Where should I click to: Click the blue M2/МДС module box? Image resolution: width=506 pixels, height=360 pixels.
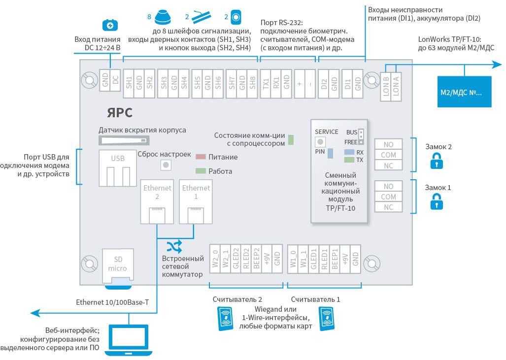[465, 92]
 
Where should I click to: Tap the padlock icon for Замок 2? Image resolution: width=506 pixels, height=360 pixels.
[437, 161]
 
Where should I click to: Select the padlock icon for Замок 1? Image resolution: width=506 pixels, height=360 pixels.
[437, 201]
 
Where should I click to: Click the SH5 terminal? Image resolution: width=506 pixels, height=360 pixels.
[197, 83]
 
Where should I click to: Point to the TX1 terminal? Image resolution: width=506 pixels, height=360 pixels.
[266, 83]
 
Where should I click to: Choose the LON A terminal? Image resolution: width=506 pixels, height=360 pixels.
[396, 87]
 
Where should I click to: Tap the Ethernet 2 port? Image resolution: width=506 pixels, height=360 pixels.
[157, 201]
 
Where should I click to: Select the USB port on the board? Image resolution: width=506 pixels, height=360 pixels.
[117, 168]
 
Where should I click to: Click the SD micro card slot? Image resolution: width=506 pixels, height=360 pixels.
[118, 266]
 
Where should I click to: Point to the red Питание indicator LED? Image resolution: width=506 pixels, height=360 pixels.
[201, 157]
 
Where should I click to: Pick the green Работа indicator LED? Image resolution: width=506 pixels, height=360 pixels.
[201, 171]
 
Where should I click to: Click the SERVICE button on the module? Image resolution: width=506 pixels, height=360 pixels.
[320, 142]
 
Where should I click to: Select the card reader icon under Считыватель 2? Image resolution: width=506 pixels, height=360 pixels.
[226, 319]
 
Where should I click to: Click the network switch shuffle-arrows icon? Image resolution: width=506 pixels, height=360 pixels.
[174, 247]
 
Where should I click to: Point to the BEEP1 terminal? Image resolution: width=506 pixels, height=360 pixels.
[335, 259]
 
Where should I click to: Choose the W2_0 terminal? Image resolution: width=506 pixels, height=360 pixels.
[215, 259]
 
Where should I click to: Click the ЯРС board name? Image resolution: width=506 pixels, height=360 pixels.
[120, 113]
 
